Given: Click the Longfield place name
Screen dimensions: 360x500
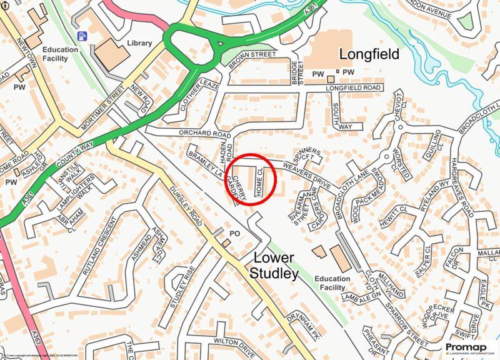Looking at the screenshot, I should click(368, 54).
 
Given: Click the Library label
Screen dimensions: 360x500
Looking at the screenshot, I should click(139, 43).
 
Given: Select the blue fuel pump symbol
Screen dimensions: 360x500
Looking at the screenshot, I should click(81, 36).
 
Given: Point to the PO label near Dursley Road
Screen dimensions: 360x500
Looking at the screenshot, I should click(236, 232).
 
